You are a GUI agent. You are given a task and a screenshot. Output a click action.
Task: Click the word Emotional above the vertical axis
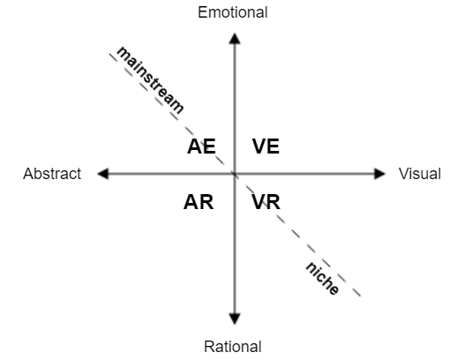pyautogui.click(x=233, y=12)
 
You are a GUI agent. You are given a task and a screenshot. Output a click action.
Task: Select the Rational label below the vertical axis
pyautogui.click(x=233, y=347)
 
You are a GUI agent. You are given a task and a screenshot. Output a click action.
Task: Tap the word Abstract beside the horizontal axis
pyautogui.click(x=52, y=174)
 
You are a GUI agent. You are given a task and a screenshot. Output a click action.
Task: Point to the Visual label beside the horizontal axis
pyautogui.click(x=420, y=174)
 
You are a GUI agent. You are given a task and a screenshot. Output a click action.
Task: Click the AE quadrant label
pyautogui.click(x=201, y=146)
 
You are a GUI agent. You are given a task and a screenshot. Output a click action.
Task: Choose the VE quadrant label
pyautogui.click(x=266, y=146)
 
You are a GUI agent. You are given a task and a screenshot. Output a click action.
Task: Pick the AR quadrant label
pyautogui.click(x=199, y=202)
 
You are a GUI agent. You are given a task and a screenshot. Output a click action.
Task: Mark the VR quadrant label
pyautogui.click(x=266, y=202)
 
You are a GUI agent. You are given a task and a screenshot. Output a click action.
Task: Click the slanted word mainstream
pyautogui.click(x=150, y=80)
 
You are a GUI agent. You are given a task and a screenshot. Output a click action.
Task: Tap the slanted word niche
pyautogui.click(x=322, y=279)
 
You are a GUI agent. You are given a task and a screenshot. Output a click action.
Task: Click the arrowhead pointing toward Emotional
pyautogui.click(x=235, y=39)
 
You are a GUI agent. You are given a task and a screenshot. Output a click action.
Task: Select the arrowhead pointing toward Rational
pyautogui.click(x=235, y=319)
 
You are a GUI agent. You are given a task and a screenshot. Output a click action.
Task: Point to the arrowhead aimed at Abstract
pyautogui.click(x=103, y=174)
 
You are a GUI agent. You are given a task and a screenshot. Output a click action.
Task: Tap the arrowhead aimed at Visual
pyautogui.click(x=379, y=174)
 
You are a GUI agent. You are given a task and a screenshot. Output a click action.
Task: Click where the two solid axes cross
pyautogui.click(x=235, y=174)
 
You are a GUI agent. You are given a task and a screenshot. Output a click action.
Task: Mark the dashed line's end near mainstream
pyautogui.click(x=109, y=54)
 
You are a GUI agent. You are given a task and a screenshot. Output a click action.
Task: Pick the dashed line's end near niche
pyautogui.click(x=360, y=296)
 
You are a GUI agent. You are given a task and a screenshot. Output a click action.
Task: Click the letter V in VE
pyautogui.click(x=258, y=146)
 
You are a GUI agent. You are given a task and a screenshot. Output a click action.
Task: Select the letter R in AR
pyautogui.click(x=206, y=202)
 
